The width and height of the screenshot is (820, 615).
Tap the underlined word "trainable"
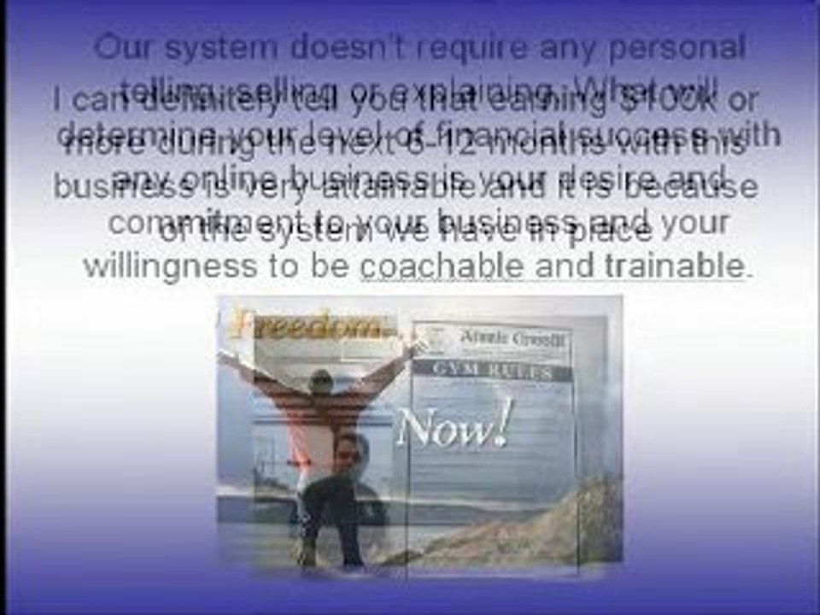tap(675, 266)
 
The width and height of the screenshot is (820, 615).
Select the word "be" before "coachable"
tap(331, 266)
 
